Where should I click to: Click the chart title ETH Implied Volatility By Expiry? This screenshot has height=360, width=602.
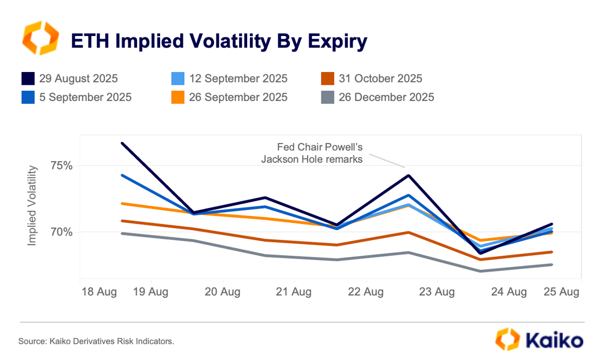pos(219,41)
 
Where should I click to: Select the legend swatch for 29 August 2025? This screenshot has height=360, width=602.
pos(28,78)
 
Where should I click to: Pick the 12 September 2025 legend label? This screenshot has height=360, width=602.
pos(238,78)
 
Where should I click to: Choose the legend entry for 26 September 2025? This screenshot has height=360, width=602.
pos(238,97)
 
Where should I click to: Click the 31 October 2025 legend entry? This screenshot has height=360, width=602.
pos(381,78)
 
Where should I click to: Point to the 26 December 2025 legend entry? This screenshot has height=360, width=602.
pos(386,97)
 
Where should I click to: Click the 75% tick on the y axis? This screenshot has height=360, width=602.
pos(62,165)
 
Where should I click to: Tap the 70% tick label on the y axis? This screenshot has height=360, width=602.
pos(62,232)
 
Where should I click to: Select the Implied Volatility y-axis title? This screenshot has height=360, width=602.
pos(32,206)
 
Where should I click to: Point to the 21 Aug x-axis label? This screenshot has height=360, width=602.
pos(293,292)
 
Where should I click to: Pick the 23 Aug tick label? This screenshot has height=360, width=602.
pos(436,292)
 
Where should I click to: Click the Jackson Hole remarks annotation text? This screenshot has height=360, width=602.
pos(312,153)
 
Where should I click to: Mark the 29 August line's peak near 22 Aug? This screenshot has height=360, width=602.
pos(408,175)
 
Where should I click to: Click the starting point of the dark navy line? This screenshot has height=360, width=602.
pos(123,143)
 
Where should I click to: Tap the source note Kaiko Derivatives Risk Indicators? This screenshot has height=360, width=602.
pos(96,341)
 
